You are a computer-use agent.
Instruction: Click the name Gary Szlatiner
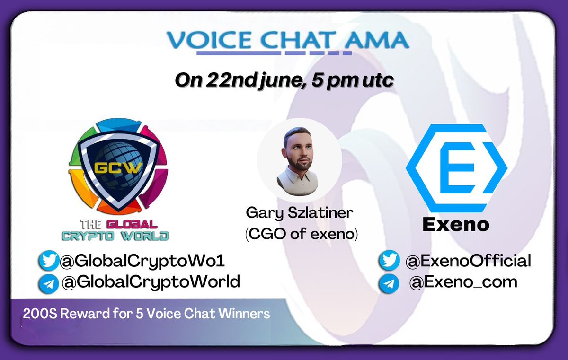coord(300,213)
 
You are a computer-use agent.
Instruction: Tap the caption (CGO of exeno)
coord(301,233)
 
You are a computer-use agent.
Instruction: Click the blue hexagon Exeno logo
coord(457,168)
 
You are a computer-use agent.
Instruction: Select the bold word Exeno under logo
coord(455,224)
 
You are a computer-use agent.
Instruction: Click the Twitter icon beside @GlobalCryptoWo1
coord(49,261)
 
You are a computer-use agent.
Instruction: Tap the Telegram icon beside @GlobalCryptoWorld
coord(49,283)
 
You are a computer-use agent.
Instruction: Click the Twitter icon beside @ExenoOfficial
coord(389,261)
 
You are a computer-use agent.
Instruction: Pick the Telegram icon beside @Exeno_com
coord(389,284)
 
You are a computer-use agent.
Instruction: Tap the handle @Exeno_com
coord(463,282)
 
